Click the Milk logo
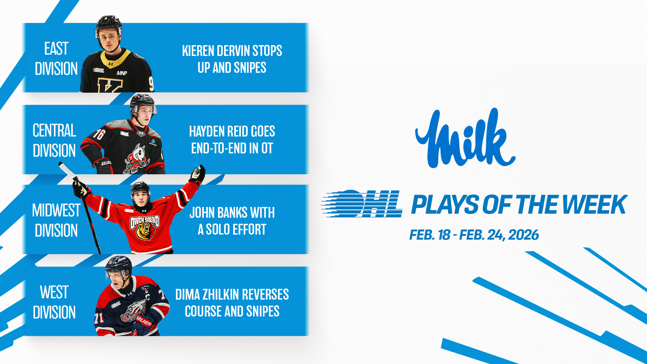pos(465,138)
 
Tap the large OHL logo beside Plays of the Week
pos(362,204)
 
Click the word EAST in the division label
pos(56,49)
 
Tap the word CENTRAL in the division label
pos(54,130)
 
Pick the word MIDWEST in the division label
pos(56,210)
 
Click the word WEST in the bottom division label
pos(54,292)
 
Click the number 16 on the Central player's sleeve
pos(99,134)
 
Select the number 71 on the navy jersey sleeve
pos(99,317)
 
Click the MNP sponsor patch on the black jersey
pos(122,73)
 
